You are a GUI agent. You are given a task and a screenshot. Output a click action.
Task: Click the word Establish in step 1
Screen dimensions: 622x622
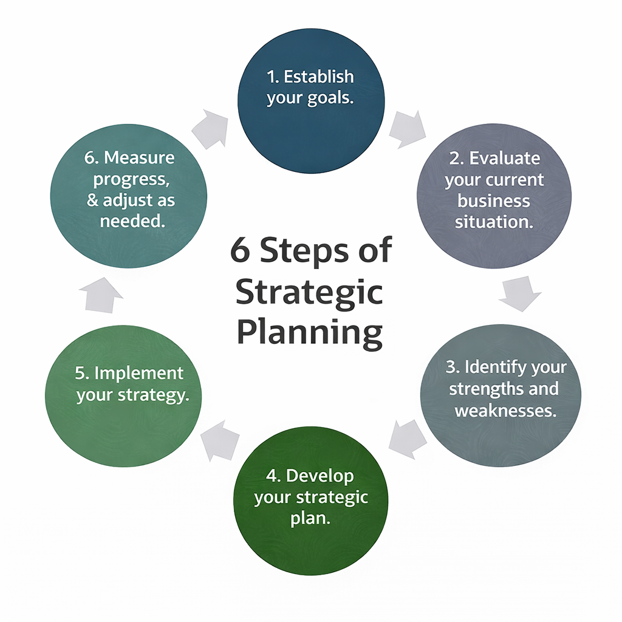point(319,77)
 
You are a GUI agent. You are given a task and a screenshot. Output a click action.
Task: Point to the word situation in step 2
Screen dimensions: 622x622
point(494,222)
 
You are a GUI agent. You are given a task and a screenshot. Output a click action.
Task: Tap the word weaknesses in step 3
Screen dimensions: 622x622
point(505,411)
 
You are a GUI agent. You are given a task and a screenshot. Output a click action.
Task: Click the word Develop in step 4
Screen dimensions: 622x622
point(320,476)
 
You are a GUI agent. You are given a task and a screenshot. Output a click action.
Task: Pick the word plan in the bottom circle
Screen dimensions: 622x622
point(311,519)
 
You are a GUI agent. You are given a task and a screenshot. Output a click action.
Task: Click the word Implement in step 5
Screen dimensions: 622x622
point(138,373)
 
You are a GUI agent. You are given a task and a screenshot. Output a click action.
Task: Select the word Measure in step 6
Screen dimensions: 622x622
point(139,158)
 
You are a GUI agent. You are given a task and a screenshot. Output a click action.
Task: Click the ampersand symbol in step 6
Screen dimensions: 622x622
point(92,201)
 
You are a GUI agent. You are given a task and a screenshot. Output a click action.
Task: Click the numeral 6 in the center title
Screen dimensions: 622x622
point(240,251)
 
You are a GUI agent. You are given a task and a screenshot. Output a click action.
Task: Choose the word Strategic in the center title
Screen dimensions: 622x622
point(309,293)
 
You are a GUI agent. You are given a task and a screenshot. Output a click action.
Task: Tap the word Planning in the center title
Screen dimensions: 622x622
point(310,333)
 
